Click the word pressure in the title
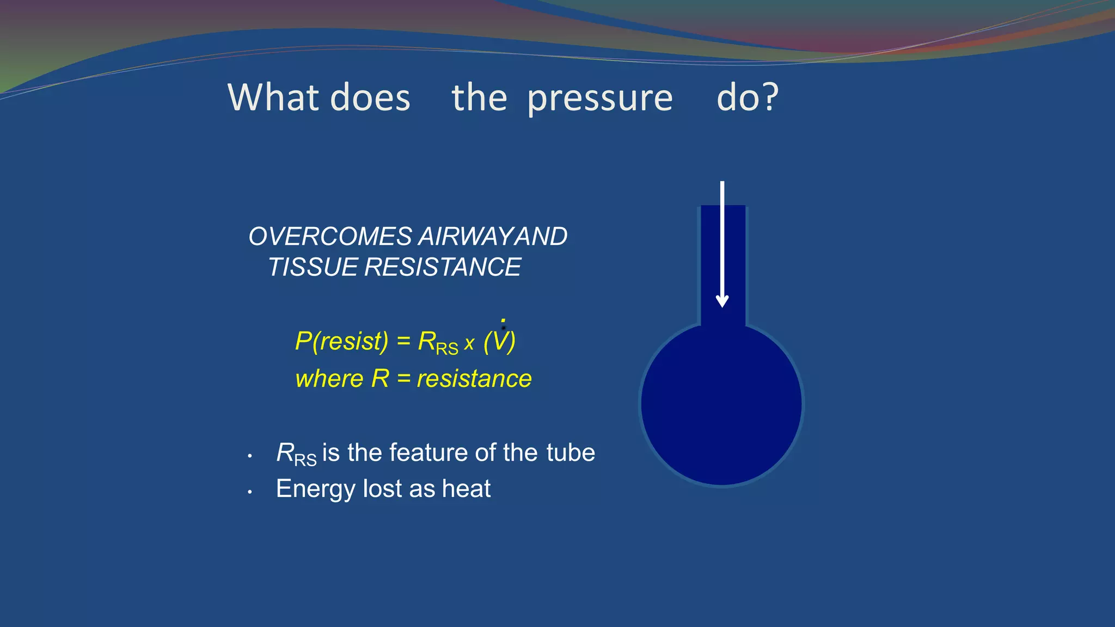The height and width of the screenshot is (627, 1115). pos(600,99)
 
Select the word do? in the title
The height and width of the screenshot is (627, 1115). pos(748,98)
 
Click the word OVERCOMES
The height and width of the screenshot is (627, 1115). pos(330,237)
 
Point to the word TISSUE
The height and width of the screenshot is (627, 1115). pos(313,267)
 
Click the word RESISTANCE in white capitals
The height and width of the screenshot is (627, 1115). pos(442,267)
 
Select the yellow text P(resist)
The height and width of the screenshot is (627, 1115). pos(341,342)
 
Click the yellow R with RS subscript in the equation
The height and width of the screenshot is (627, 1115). pos(437,343)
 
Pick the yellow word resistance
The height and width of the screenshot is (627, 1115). pos(474,379)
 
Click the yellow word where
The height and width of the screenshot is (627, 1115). pos(329,379)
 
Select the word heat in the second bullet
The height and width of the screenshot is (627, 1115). pos(466,489)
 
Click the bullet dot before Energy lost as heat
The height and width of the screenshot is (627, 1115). pos(249,492)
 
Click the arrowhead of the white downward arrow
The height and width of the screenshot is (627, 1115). pos(722,301)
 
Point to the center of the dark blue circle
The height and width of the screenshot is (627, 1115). pos(721,404)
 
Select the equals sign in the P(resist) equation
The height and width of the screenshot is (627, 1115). pos(403,341)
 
